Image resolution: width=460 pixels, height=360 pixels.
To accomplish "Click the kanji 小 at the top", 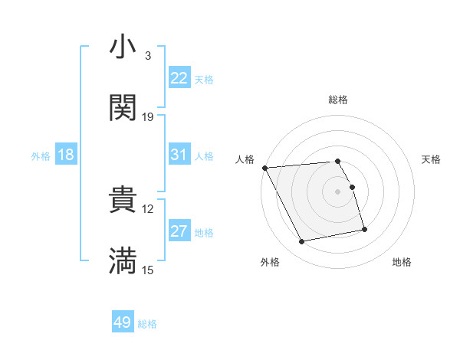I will coord(123,47).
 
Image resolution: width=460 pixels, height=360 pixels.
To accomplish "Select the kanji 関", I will coord(123,108).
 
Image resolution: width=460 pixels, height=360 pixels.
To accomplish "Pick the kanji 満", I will coord(123,261).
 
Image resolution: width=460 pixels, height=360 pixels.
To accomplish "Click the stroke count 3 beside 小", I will coord(147,56).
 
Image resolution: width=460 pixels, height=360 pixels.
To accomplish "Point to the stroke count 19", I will coord(148,117).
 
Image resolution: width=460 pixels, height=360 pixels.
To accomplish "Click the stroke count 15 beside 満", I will coord(148,270).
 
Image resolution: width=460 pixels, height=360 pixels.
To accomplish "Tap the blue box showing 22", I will coord(179,78).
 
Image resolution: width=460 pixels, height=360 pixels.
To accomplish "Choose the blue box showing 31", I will coord(179,155).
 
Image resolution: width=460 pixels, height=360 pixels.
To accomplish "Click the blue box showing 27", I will coord(179,231).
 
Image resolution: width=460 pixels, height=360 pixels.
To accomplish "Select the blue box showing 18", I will coord(66,155).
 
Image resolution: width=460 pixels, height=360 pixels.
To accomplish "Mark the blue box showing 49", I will coord(123,323).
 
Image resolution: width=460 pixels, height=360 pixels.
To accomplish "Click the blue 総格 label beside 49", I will coord(147,324).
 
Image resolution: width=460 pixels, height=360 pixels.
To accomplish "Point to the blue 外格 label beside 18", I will coord(41,155).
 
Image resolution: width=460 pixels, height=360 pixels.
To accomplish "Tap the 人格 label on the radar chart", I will coord(245,159).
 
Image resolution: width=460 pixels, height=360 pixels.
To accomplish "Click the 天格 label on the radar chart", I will coord(431,159).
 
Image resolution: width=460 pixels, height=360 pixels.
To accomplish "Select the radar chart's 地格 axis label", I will coord(402,262).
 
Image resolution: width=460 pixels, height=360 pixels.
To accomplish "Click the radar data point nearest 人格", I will coord(264,168).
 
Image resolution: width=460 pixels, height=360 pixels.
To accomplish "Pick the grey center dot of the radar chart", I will coord(337,191).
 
